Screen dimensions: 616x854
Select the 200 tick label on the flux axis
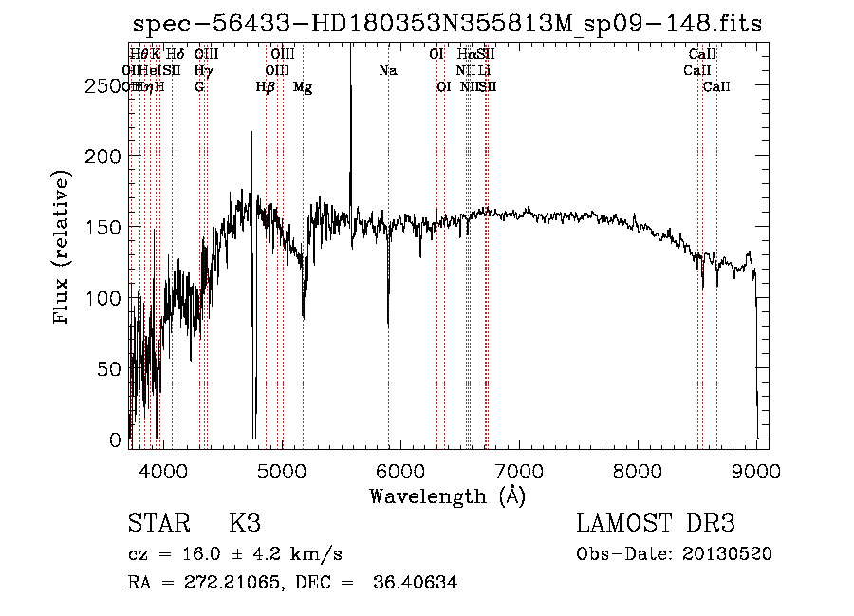[107, 157]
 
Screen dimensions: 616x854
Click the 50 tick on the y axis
[113, 369]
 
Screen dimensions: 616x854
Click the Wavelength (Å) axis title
[447, 495]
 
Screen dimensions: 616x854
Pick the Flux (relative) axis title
[64, 250]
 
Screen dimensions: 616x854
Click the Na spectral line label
[387, 71]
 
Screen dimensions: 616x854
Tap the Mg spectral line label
[303, 87]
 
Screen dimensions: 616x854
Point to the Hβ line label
[266, 87]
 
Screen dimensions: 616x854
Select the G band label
[199, 87]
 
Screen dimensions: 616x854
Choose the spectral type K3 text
[245, 524]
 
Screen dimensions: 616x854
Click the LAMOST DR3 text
[655, 524]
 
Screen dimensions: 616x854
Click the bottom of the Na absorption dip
[388, 325]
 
